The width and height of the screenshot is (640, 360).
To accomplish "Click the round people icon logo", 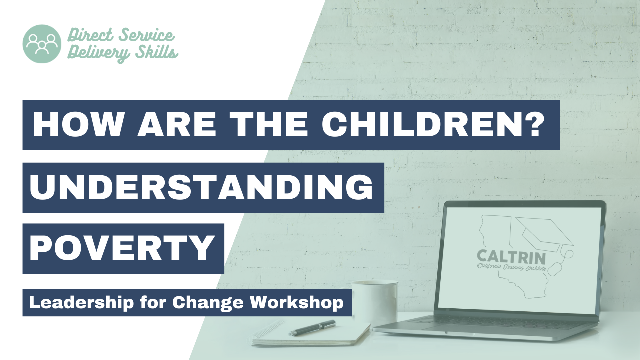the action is point(42,44).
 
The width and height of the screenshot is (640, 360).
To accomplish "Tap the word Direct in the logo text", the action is point(91,35).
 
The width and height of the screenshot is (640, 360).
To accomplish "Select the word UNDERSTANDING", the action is point(201,187).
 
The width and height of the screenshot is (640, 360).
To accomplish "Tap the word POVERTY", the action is point(122,248).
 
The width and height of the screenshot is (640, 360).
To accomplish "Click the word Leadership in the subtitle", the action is point(81,303).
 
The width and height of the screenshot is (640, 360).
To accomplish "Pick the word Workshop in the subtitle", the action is point(297,303).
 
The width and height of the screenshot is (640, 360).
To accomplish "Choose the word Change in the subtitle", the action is point(208,303).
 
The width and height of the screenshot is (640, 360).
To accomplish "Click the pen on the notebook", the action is point(312,328).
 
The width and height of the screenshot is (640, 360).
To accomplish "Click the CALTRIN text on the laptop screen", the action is point(511,257).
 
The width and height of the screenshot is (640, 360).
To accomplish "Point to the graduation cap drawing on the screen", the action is point(545,235).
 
